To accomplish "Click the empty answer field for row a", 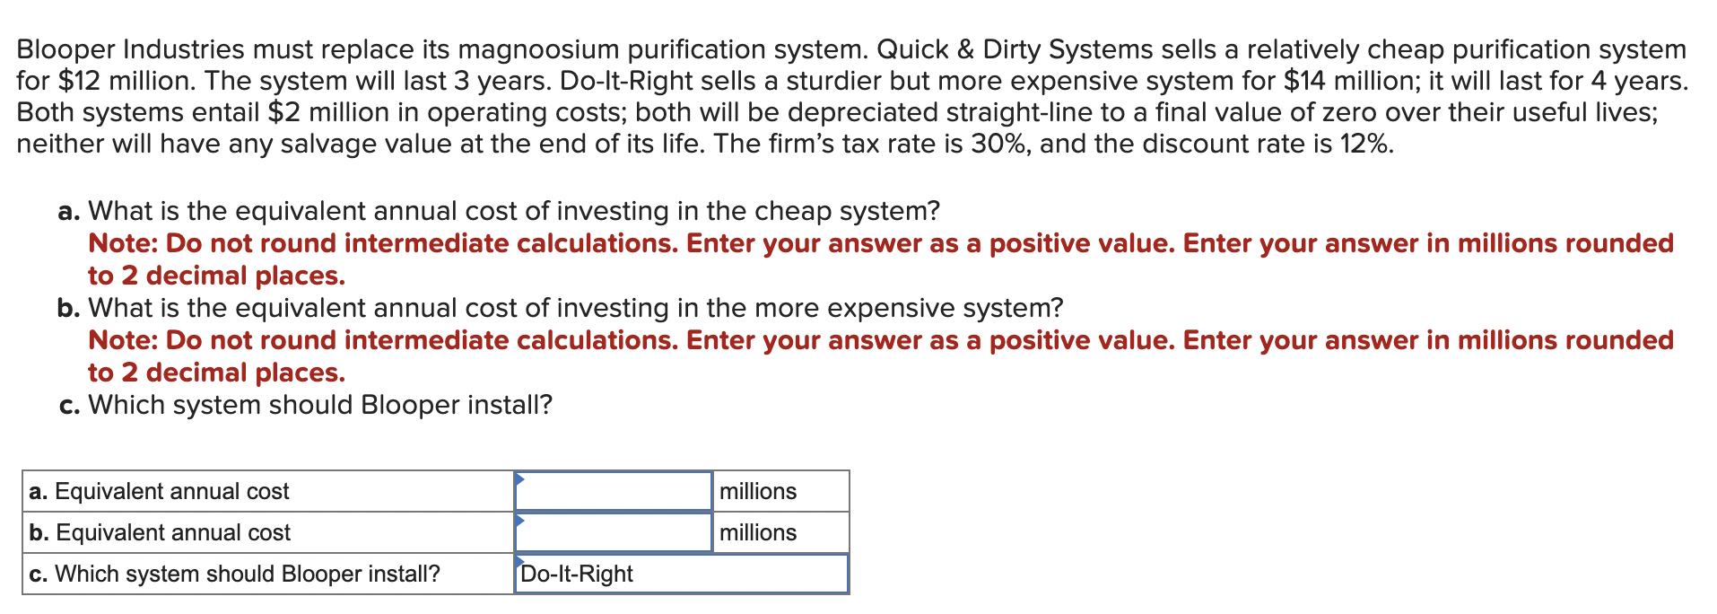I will click(x=614, y=491).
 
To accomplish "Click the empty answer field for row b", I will click(x=614, y=532).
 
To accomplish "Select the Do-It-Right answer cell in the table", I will click(x=682, y=574).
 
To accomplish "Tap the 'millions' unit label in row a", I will click(x=758, y=491).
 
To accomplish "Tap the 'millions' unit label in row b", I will click(x=758, y=532).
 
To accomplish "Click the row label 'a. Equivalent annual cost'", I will click(x=159, y=491).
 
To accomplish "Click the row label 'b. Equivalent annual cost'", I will click(x=160, y=532).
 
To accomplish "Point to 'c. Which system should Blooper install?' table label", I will click(x=234, y=574).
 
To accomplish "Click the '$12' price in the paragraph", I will click(x=79, y=81).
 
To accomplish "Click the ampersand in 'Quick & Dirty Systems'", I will click(x=965, y=49).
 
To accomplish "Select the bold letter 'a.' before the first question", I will click(x=69, y=212).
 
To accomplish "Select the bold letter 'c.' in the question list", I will click(x=69, y=406).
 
